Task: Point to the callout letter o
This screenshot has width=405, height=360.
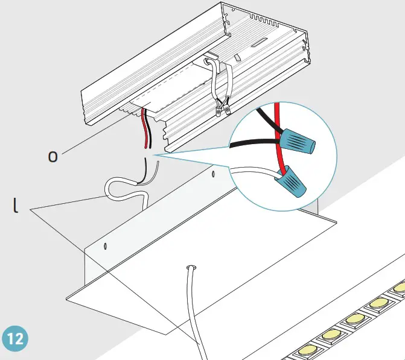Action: (x=53, y=156)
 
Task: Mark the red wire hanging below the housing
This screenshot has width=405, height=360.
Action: (x=144, y=130)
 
